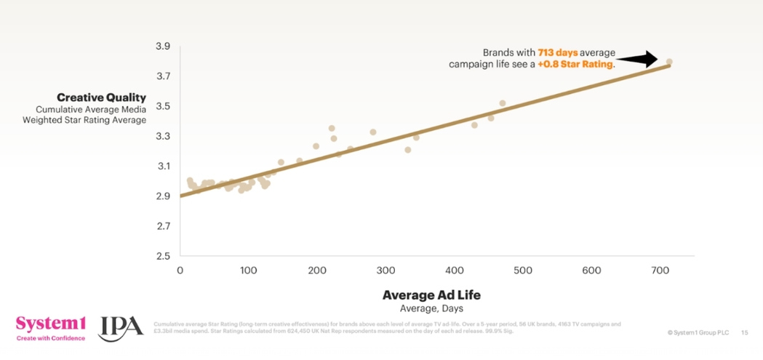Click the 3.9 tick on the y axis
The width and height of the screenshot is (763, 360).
[x=162, y=47]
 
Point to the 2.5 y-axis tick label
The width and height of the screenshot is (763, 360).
[x=162, y=256]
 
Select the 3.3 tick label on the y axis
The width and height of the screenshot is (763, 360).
[x=162, y=136]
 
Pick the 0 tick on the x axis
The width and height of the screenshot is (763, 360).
[x=180, y=271]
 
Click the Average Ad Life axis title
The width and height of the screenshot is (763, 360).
[x=431, y=295]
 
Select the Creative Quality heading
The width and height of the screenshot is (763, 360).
[x=101, y=97]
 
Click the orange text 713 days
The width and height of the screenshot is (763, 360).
[x=556, y=53]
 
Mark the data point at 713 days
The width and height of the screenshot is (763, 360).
[x=669, y=62]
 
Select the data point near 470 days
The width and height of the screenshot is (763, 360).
[x=503, y=103]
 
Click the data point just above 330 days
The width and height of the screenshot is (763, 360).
[x=408, y=150]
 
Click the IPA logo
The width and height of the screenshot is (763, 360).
[x=121, y=327]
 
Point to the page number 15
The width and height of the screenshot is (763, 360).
[x=744, y=332]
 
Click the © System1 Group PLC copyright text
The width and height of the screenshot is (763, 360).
[x=698, y=332]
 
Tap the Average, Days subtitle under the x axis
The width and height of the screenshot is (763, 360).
[x=431, y=308]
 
